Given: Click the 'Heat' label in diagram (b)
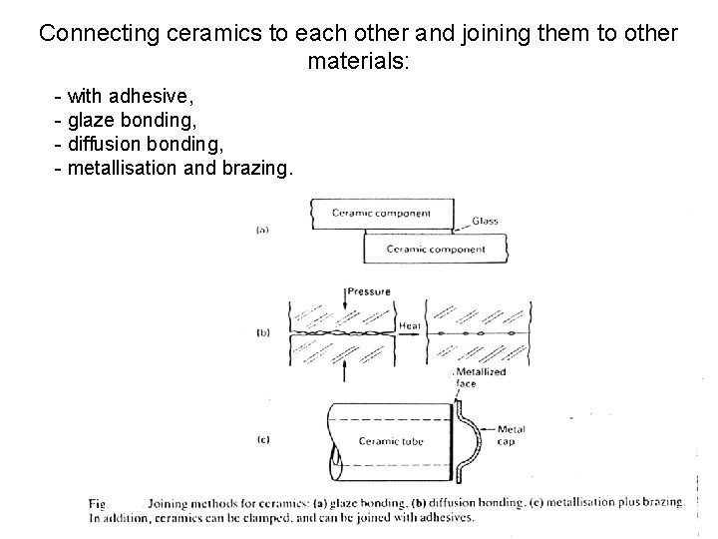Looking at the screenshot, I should click(410, 324).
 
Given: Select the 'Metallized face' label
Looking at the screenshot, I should click(482, 377).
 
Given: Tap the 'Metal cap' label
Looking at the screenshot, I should click(511, 435).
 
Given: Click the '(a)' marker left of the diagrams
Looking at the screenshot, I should click(262, 230).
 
